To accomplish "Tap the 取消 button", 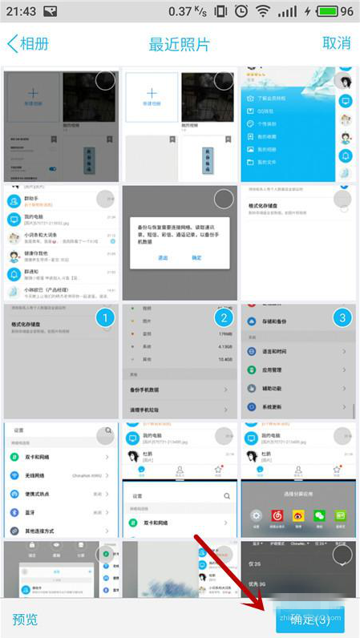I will (336, 43).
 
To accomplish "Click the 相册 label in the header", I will (33, 43).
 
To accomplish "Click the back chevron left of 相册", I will (11, 43).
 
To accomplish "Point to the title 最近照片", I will (179, 44).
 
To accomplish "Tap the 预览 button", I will (25, 619).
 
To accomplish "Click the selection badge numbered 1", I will (105, 318).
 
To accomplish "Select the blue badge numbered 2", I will (224, 318).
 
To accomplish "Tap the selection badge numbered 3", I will (342, 318).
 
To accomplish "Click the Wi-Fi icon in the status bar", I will (263, 12).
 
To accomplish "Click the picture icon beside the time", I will (51, 12).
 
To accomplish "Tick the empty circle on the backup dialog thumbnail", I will (224, 200).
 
